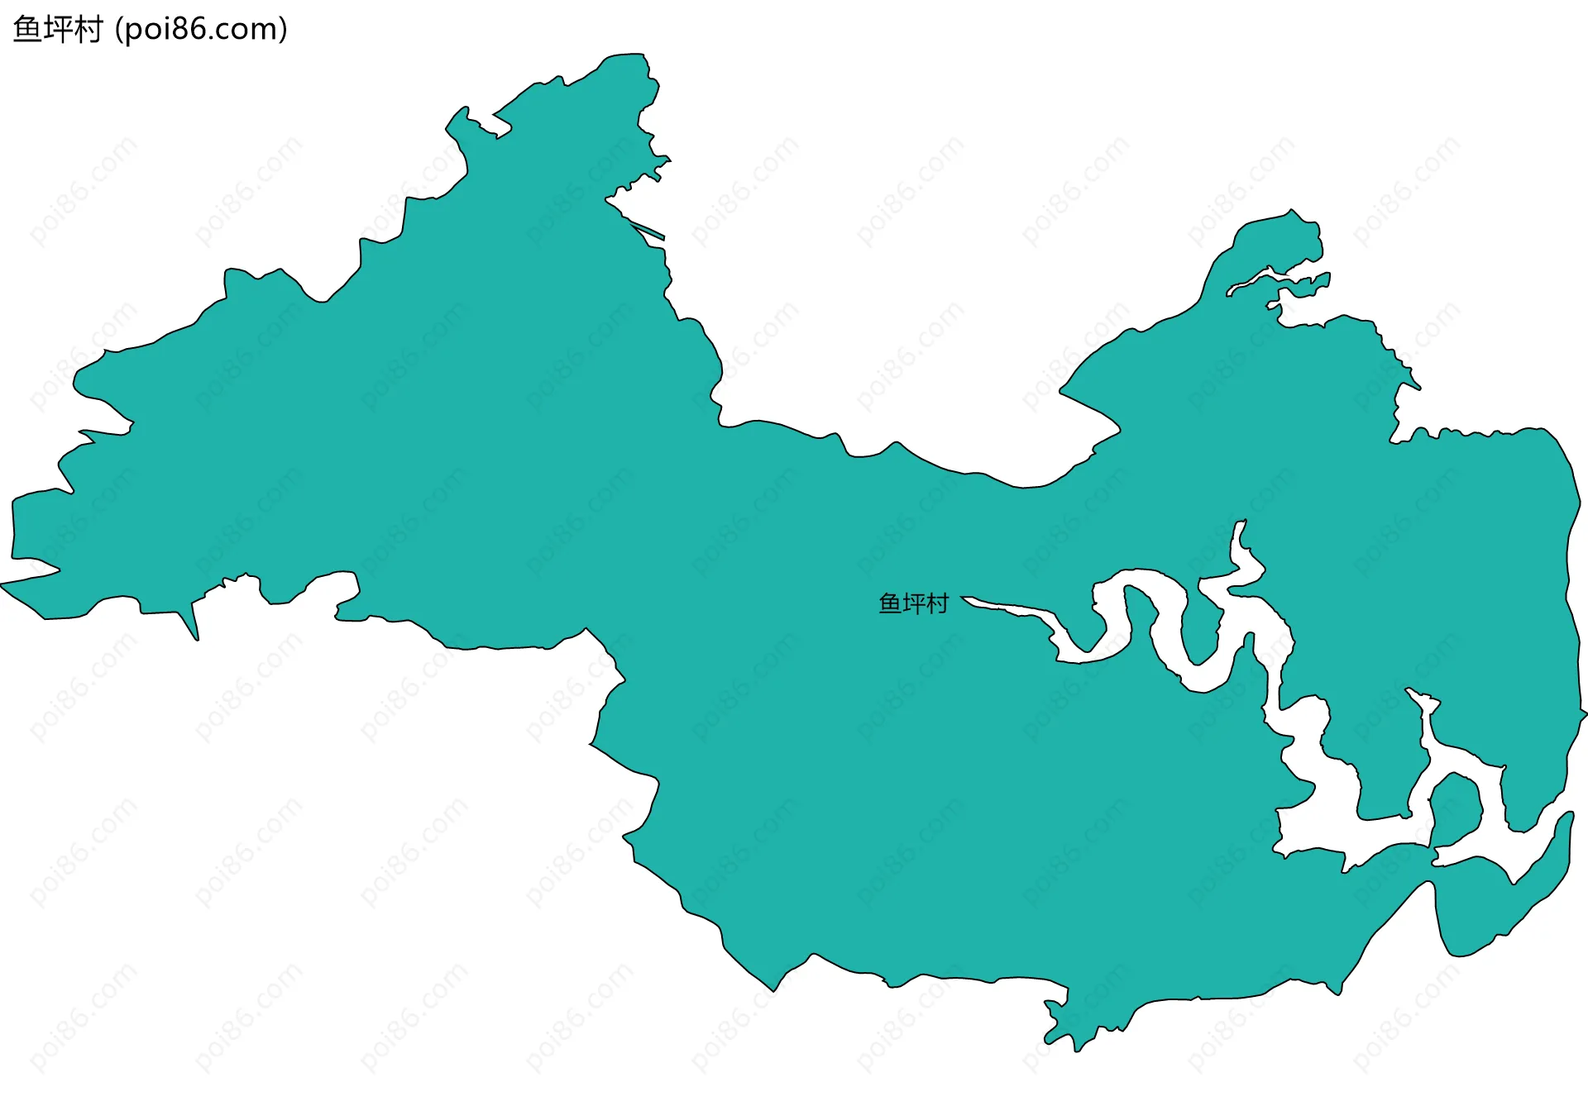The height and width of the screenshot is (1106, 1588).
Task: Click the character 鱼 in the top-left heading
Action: pos(26,30)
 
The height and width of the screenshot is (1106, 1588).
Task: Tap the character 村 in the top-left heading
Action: pos(88,30)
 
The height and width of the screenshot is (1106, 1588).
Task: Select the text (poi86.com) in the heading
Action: pos(201,30)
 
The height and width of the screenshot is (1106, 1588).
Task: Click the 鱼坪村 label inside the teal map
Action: pos(913,604)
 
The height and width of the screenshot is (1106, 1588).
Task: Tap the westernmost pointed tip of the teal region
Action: pos(3,584)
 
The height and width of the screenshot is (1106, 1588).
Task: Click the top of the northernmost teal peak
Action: pos(629,56)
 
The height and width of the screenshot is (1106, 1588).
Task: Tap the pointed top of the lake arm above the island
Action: pos(1411,691)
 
